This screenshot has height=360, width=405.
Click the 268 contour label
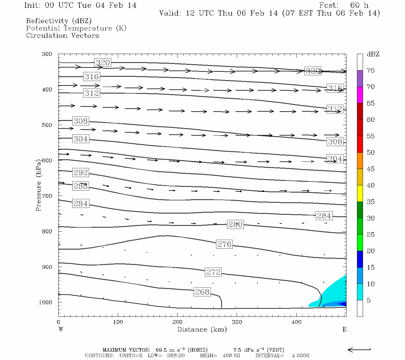coord(202,292)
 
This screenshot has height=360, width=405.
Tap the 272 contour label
coord(213,272)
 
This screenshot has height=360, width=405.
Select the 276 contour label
coord(224,244)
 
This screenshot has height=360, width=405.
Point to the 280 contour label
coord(235,224)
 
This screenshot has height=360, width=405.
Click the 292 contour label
coord(81,172)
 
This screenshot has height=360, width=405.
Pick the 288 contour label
coord(81,186)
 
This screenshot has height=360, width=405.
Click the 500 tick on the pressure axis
coord(47,125)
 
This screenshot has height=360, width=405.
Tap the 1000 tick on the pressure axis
coord(46,302)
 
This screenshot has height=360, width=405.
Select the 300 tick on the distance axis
coord(237,322)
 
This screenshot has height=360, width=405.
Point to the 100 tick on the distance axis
coord(118,322)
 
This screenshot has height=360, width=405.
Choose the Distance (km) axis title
coord(202,329)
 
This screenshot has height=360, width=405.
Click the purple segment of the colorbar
coord(360,79)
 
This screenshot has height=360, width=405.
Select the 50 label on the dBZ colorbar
coord(370,153)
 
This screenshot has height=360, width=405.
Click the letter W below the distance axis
coord(61,329)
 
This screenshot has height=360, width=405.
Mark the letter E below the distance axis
coord(344,329)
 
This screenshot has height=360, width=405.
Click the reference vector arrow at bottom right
coord(359,349)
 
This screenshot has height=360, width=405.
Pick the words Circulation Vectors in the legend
coord(62,36)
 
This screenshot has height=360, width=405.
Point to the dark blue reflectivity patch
coord(343,304)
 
